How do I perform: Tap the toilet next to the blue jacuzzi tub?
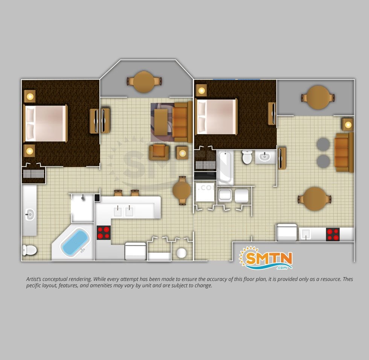[x=29, y=250]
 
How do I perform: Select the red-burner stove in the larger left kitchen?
[x=104, y=232]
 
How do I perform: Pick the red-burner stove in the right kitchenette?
[x=333, y=234]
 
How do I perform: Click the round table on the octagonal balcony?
[x=144, y=82]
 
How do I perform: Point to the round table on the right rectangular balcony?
[x=318, y=98]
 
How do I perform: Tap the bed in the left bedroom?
[x=46, y=123]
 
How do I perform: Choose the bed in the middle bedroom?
[x=216, y=116]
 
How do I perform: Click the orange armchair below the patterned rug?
[x=159, y=153]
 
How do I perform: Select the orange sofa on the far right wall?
[x=344, y=152]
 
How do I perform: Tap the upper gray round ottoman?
[x=323, y=144]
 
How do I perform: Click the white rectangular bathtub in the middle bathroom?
[x=226, y=168]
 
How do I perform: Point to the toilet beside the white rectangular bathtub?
[x=247, y=157]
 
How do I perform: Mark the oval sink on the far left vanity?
[x=30, y=214]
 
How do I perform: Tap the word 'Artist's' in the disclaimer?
[x=34, y=279]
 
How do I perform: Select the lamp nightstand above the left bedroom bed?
[x=30, y=96]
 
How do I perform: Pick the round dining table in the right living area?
[x=315, y=199]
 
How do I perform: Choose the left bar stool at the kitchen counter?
[x=118, y=193]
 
